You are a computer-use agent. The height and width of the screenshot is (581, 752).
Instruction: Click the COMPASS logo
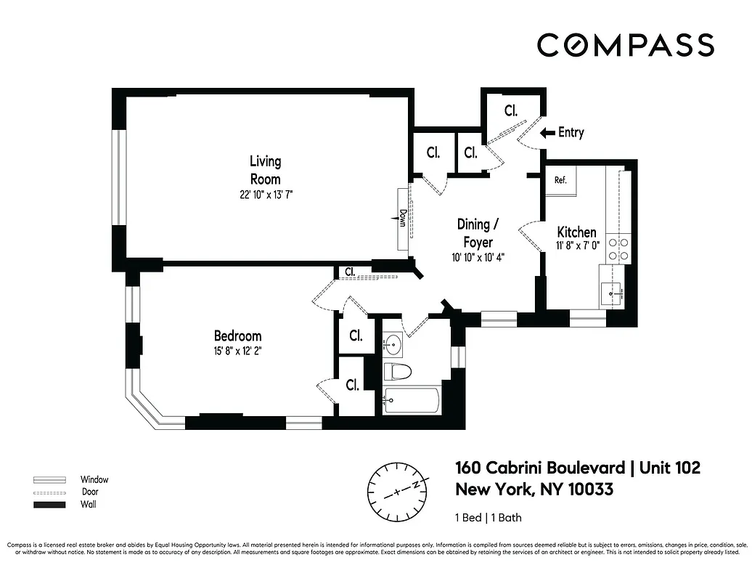coord(625,45)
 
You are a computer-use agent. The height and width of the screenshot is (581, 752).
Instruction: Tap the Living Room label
coord(265,170)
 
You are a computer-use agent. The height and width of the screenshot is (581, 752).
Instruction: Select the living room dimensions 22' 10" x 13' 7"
coord(265,195)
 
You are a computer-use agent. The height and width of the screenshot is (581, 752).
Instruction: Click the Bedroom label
coord(237,336)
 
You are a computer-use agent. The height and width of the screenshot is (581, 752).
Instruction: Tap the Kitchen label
coord(576,232)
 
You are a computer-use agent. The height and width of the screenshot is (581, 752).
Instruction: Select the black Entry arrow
coord(547,133)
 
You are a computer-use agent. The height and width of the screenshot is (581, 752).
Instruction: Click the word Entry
coord(571,133)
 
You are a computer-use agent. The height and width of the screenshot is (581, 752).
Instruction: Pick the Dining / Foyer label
coord(475,232)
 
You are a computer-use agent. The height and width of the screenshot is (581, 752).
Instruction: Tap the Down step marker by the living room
coord(402,218)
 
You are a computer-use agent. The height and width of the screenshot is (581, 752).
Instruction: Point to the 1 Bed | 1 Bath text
coord(488,518)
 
